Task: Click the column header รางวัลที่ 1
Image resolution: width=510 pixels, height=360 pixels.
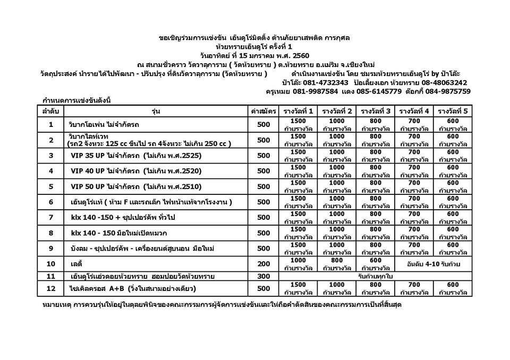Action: (x=299, y=111)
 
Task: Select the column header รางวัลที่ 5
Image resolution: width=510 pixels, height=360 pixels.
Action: (x=453, y=111)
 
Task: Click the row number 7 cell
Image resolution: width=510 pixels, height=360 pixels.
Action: (x=51, y=217)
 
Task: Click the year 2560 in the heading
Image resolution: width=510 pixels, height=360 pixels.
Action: (x=305, y=55)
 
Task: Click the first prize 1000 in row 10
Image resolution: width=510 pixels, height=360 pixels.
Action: (x=299, y=260)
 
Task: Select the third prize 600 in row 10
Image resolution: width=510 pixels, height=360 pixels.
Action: (x=376, y=260)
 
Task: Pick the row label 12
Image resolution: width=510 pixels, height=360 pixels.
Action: (x=51, y=288)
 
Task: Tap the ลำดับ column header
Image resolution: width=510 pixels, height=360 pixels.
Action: (x=51, y=111)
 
